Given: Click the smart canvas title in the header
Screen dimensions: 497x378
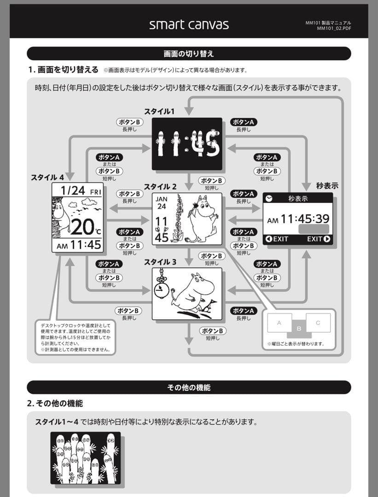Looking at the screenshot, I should pyautogui.click(x=189, y=24).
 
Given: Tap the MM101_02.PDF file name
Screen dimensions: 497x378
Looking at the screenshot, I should pyautogui.click(x=334, y=29).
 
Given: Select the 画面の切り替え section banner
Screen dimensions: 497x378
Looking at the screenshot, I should pyautogui.click(x=189, y=53).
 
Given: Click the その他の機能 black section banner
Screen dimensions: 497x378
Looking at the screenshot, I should pyautogui.click(x=189, y=387).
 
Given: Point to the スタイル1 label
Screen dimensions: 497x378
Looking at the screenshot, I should pyautogui.click(x=159, y=111).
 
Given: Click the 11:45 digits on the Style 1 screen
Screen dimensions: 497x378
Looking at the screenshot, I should pyautogui.click(x=187, y=144).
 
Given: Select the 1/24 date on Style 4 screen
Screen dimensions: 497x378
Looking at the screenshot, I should pyautogui.click(x=73, y=190).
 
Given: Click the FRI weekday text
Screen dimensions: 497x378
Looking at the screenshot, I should pyautogui.click(x=95, y=191).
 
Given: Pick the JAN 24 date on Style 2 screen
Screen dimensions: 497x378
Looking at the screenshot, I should pyautogui.click(x=162, y=203).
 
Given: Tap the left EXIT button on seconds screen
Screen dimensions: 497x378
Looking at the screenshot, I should pyautogui.click(x=277, y=239).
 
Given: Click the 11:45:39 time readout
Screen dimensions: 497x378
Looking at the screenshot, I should pyautogui.click(x=305, y=219).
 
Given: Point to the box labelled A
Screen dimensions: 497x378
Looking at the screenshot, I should pyautogui.click(x=279, y=323).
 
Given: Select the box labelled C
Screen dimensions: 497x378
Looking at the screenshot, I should pyautogui.click(x=318, y=323).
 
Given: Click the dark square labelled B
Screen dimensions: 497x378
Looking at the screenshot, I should pyautogui.click(x=298, y=328).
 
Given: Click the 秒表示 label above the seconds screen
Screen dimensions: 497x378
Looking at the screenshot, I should pyautogui.click(x=327, y=186).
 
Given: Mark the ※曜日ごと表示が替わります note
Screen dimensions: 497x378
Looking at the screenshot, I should pyautogui.click(x=296, y=344).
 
